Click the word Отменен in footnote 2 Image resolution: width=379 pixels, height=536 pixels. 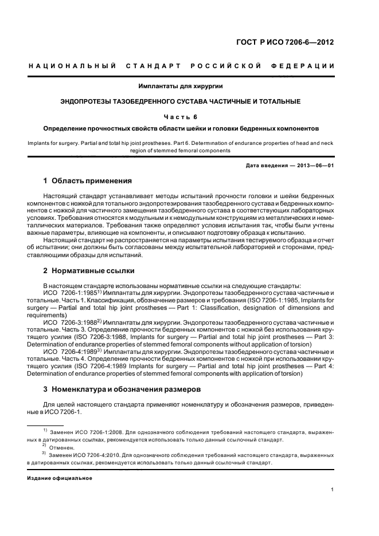[62, 447]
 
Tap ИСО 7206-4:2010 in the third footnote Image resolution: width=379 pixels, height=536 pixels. [99, 455]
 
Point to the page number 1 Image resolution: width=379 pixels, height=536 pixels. [333, 489]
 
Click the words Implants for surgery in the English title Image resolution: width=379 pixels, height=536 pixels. [52, 143]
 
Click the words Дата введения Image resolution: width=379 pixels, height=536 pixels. [264, 165]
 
